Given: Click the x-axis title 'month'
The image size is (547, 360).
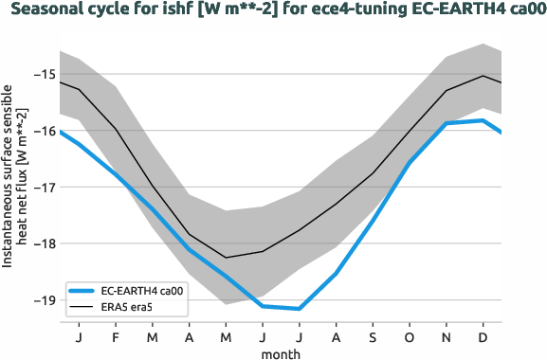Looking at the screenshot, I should click(283, 352).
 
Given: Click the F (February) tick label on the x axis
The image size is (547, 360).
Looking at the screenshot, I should click(116, 336).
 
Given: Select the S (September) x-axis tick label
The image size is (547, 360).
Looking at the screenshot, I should click(373, 336).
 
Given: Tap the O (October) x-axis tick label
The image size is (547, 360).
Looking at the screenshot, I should click(410, 336).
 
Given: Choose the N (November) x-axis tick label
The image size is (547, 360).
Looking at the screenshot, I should click(447, 336).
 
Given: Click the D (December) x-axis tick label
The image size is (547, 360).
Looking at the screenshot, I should click(483, 336).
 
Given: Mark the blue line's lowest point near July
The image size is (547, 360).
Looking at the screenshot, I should click(300, 309).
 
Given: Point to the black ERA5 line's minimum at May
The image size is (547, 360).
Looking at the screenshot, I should click(226, 258).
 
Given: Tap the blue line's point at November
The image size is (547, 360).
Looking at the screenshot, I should click(447, 123).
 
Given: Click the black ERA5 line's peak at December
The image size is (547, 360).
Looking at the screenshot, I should click(483, 76).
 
